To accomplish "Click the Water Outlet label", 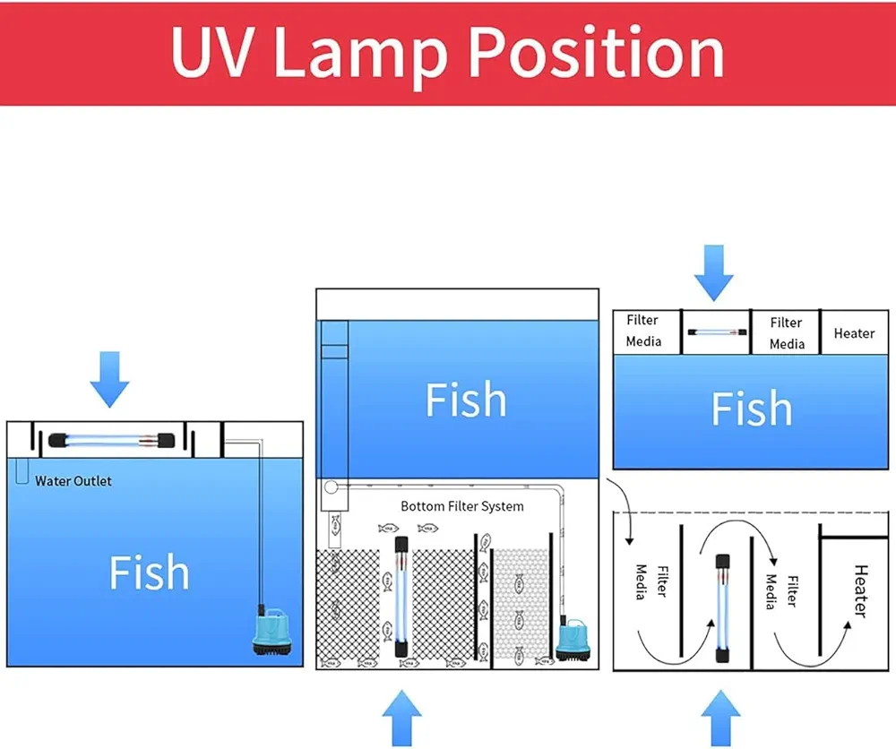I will (73, 481).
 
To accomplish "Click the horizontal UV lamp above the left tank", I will (110, 440).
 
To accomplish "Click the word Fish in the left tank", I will (149, 572).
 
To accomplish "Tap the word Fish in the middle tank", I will (465, 400).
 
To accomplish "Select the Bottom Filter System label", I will (461, 506).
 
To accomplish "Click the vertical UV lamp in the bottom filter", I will (401, 592).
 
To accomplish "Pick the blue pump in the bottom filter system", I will (570, 642).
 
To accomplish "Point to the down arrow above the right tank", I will (714, 272).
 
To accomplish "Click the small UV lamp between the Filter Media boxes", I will (717, 331).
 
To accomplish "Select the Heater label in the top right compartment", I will (854, 333).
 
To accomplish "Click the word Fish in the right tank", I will (751, 409).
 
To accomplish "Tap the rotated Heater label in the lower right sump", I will (859, 591).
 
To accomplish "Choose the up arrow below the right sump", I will (720, 717).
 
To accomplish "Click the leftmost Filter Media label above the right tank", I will (643, 331).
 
